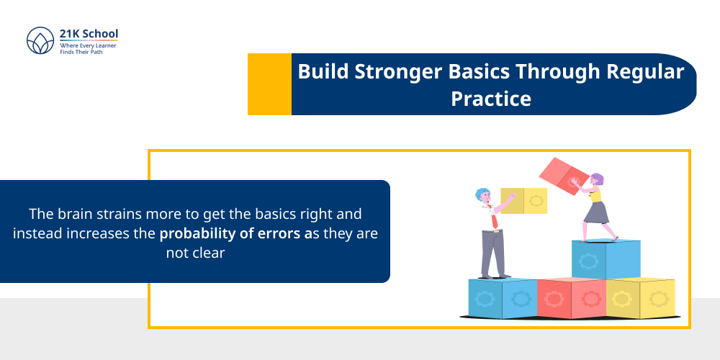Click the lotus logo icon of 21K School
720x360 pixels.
(x=40, y=42)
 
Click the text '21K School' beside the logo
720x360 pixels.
(x=89, y=33)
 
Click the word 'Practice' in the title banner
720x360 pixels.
(x=491, y=98)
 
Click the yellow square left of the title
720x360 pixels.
(x=269, y=84)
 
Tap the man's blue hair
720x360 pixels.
(x=482, y=193)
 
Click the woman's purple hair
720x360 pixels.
(x=597, y=179)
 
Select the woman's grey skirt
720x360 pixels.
(x=595, y=213)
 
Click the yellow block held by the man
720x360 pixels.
(x=523, y=200)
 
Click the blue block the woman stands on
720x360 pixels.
(x=606, y=259)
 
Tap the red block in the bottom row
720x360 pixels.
(x=571, y=297)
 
